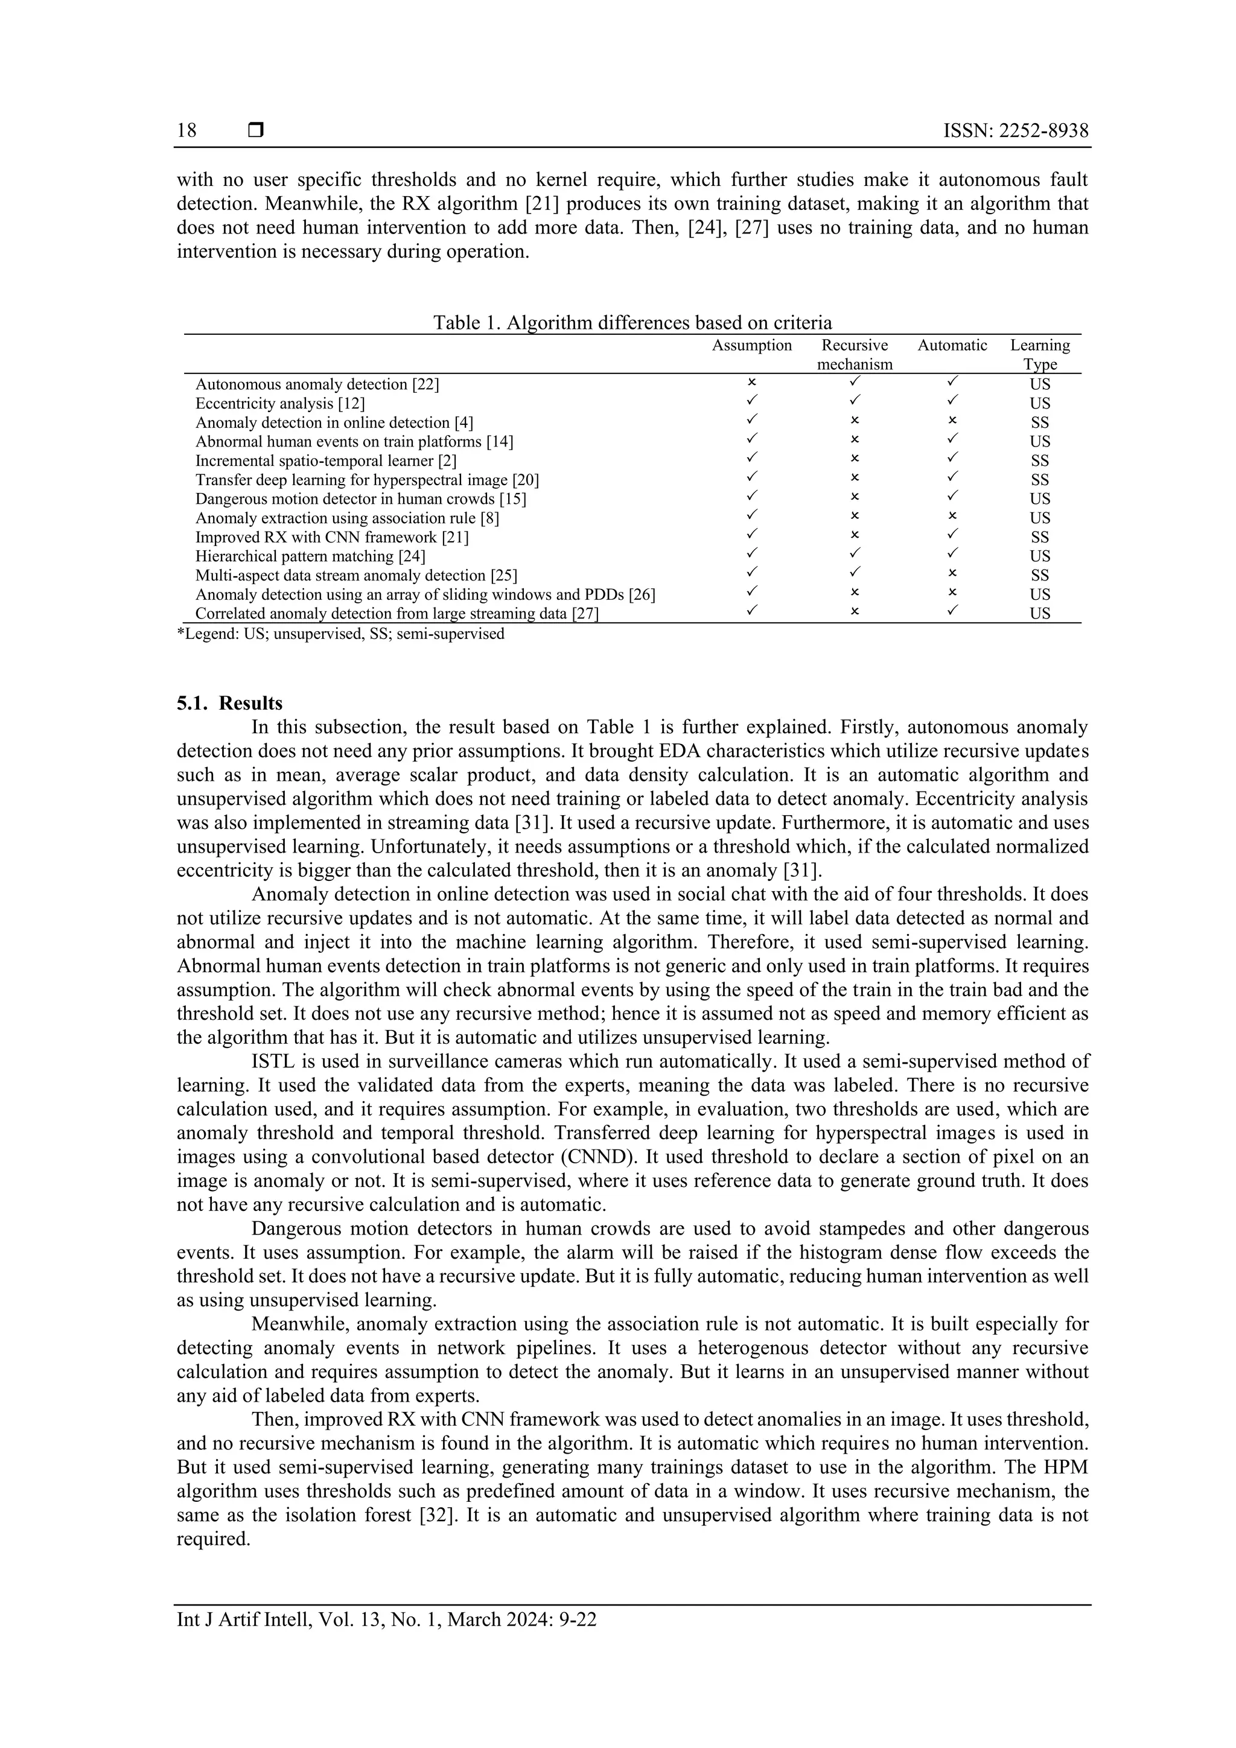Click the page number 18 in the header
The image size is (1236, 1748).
(186, 131)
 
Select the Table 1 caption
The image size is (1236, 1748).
(632, 322)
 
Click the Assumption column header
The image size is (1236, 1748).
(751, 346)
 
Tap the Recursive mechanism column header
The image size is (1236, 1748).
(855, 355)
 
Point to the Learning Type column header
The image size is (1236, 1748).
(1039, 355)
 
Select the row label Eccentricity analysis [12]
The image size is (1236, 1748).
(280, 404)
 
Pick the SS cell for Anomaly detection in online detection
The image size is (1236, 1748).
(1039, 422)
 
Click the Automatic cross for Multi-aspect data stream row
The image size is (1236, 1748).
(952, 573)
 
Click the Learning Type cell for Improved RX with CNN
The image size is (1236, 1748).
(1039, 538)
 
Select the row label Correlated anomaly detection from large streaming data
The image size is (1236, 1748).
(397, 614)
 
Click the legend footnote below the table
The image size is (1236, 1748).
(340, 634)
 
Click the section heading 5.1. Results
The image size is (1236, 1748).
(229, 703)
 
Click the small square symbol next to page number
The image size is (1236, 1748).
(256, 131)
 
